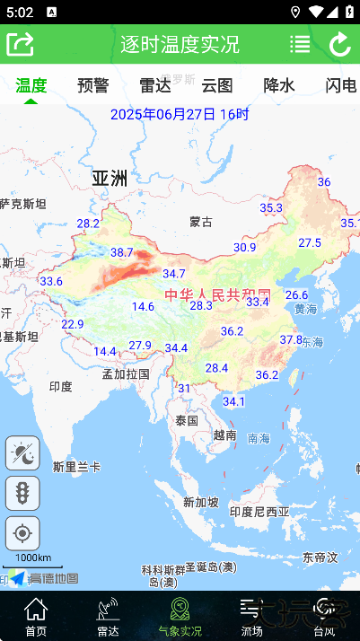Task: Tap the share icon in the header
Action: tap(20, 43)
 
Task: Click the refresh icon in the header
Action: tap(340, 44)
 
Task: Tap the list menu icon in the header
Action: tap(300, 44)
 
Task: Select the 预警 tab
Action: tap(93, 85)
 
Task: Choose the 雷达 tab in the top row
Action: tap(155, 85)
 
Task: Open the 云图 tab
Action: tap(217, 85)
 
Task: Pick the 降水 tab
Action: tap(278, 85)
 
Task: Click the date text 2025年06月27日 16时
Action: tap(180, 114)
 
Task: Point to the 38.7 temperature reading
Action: tap(121, 252)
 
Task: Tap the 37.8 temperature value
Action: tap(291, 339)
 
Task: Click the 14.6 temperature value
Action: tap(143, 306)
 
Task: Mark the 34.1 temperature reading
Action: tap(233, 400)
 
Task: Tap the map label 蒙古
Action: tap(201, 222)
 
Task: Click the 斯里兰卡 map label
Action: tap(76, 467)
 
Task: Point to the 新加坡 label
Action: tap(200, 502)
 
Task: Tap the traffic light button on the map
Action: tap(22, 493)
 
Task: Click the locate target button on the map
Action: tap(22, 533)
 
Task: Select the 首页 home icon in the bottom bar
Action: tap(36, 616)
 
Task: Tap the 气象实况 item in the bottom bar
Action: tap(180, 616)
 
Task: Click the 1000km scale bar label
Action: tap(33, 558)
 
